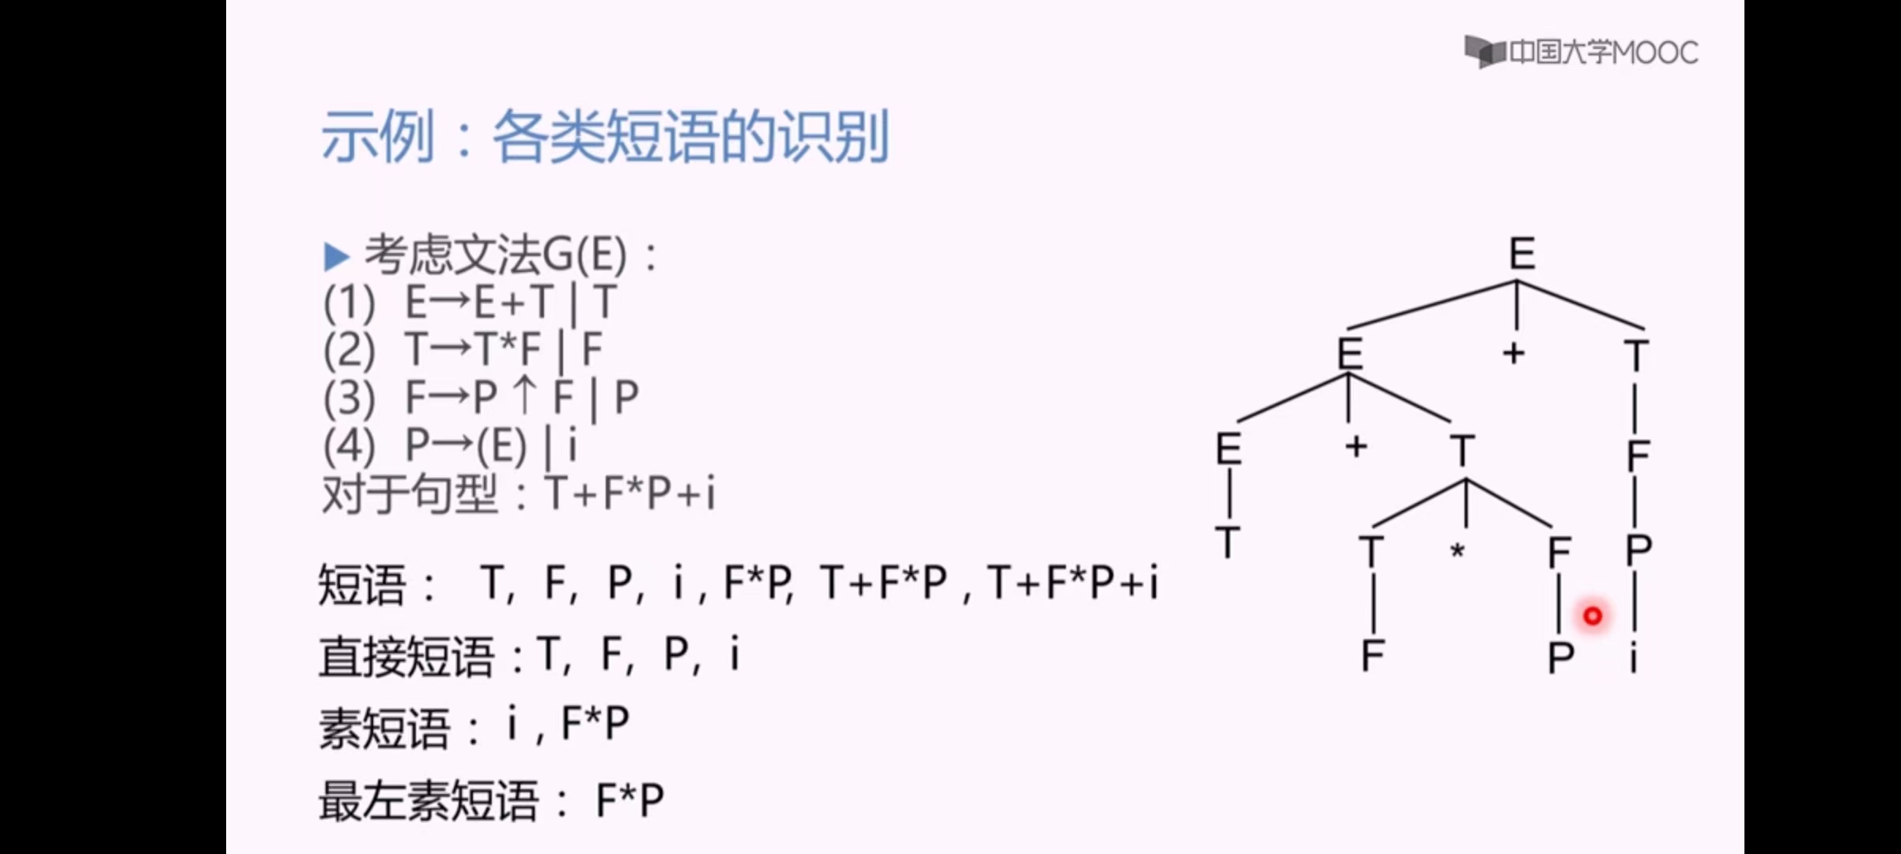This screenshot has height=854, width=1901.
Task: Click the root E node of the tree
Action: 1521,254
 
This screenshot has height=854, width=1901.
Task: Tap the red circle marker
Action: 1592,615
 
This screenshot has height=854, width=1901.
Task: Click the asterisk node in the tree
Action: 1457,551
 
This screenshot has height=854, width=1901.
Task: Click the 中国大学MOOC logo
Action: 1581,52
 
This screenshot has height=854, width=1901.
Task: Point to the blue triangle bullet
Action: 336,256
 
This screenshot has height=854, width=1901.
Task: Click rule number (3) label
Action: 349,398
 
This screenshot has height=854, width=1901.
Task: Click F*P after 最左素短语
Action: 629,800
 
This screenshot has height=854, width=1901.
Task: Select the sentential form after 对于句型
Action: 629,494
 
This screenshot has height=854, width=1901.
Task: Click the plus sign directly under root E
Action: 1514,353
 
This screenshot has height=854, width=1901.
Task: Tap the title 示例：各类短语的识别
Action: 605,137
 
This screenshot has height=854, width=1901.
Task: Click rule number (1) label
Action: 349,303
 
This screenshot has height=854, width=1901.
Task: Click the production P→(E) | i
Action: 490,445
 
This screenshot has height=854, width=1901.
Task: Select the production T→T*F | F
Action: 503,350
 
